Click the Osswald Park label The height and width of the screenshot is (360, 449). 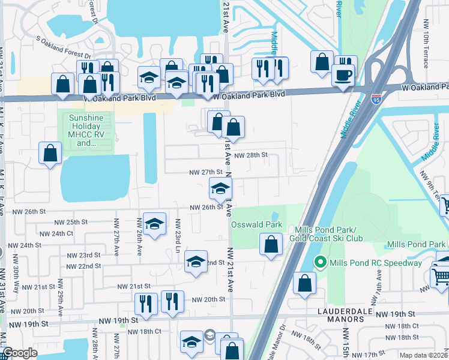tap(256, 224)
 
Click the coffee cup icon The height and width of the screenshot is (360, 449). tap(343, 75)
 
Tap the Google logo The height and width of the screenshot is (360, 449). tap(20, 353)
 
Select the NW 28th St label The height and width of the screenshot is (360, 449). tap(250, 155)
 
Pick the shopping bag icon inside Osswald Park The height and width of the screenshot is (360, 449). tap(271, 244)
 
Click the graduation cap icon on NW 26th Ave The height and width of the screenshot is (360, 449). tap(154, 224)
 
